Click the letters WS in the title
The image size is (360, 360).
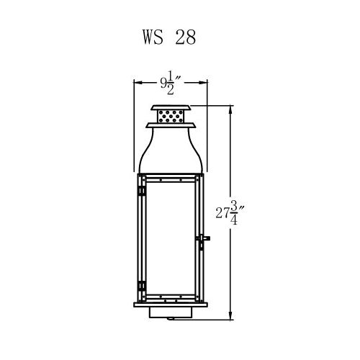[153, 37]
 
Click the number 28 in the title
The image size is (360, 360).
[186, 37]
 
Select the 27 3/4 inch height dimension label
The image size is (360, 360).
[230, 212]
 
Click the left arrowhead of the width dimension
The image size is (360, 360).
[138, 82]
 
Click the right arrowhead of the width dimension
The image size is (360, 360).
[203, 82]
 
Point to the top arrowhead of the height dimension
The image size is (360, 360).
[230, 109]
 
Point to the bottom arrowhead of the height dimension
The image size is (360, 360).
[230, 316]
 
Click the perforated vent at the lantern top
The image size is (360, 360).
[171, 116]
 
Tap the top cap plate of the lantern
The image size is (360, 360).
[171, 107]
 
